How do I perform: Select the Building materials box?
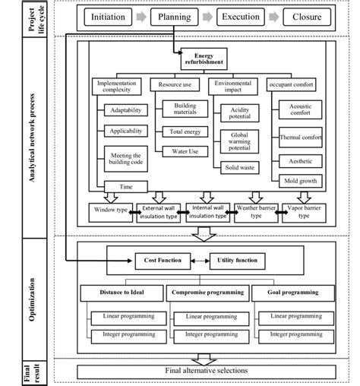[185, 109]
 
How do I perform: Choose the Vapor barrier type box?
[306, 212]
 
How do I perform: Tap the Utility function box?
[235, 261]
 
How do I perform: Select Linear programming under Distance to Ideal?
[123, 315]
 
